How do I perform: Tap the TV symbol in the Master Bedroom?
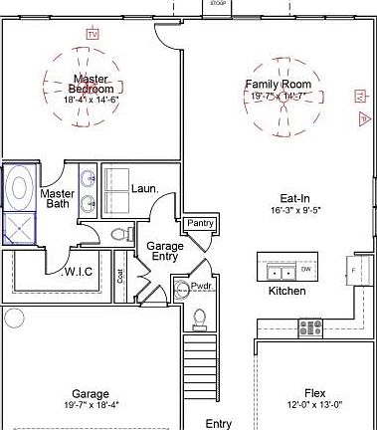click(x=94, y=35)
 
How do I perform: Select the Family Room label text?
click(x=279, y=85)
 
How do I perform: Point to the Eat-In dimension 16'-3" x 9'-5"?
click(x=293, y=211)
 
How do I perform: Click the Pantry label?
click(x=201, y=223)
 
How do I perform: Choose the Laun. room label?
click(x=143, y=187)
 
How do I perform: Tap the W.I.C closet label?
click(x=79, y=271)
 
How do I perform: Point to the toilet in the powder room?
click(x=199, y=318)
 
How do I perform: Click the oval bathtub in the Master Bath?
click(x=19, y=186)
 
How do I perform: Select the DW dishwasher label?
click(x=306, y=270)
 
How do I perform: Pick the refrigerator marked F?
click(x=355, y=269)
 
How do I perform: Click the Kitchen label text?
click(x=287, y=292)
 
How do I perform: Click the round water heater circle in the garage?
click(x=13, y=319)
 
